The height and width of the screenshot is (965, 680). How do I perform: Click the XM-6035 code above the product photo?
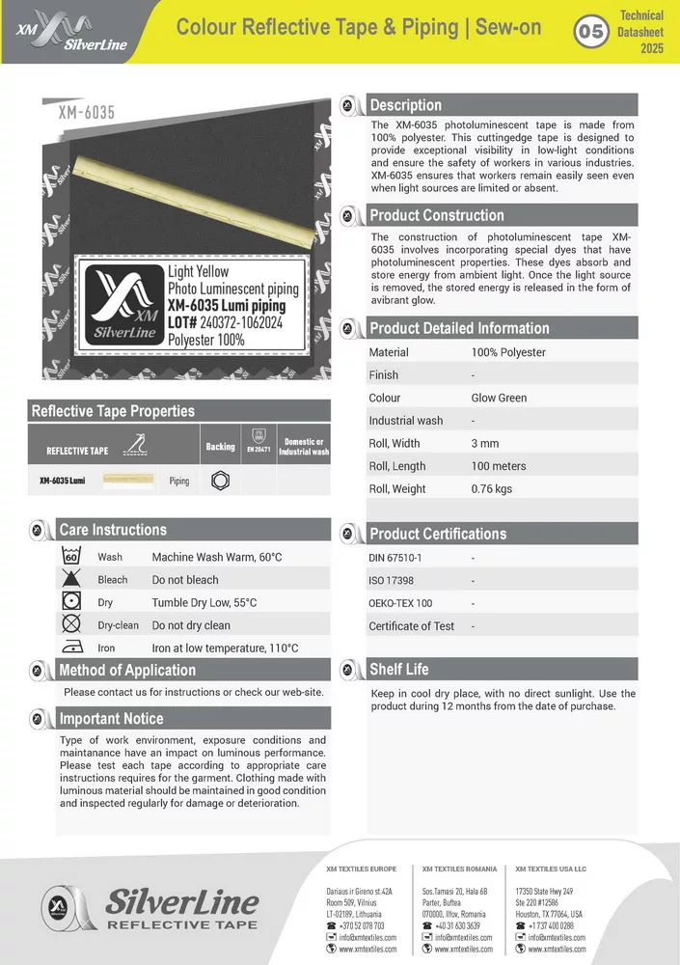point(87,113)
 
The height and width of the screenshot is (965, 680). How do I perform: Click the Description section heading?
point(405,105)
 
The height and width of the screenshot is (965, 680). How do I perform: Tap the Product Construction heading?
point(436,215)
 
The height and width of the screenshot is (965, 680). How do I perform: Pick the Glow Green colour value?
point(499,398)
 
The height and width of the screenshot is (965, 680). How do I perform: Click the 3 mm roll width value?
point(485,443)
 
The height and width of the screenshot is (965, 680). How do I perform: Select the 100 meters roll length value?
point(499,466)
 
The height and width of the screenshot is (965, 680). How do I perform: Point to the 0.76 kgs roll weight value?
point(492,489)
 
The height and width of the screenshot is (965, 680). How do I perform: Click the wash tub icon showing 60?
point(70,557)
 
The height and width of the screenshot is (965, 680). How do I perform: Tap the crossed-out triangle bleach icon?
point(70,580)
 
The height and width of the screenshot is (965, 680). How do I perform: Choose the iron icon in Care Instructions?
point(70,648)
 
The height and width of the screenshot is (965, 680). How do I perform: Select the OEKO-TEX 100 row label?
point(400,603)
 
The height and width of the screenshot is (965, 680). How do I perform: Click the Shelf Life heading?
point(398,669)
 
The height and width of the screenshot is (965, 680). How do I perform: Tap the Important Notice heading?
point(111,718)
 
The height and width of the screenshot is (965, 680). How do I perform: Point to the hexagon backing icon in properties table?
point(219,480)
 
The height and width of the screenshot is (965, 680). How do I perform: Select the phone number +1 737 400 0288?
point(551,925)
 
